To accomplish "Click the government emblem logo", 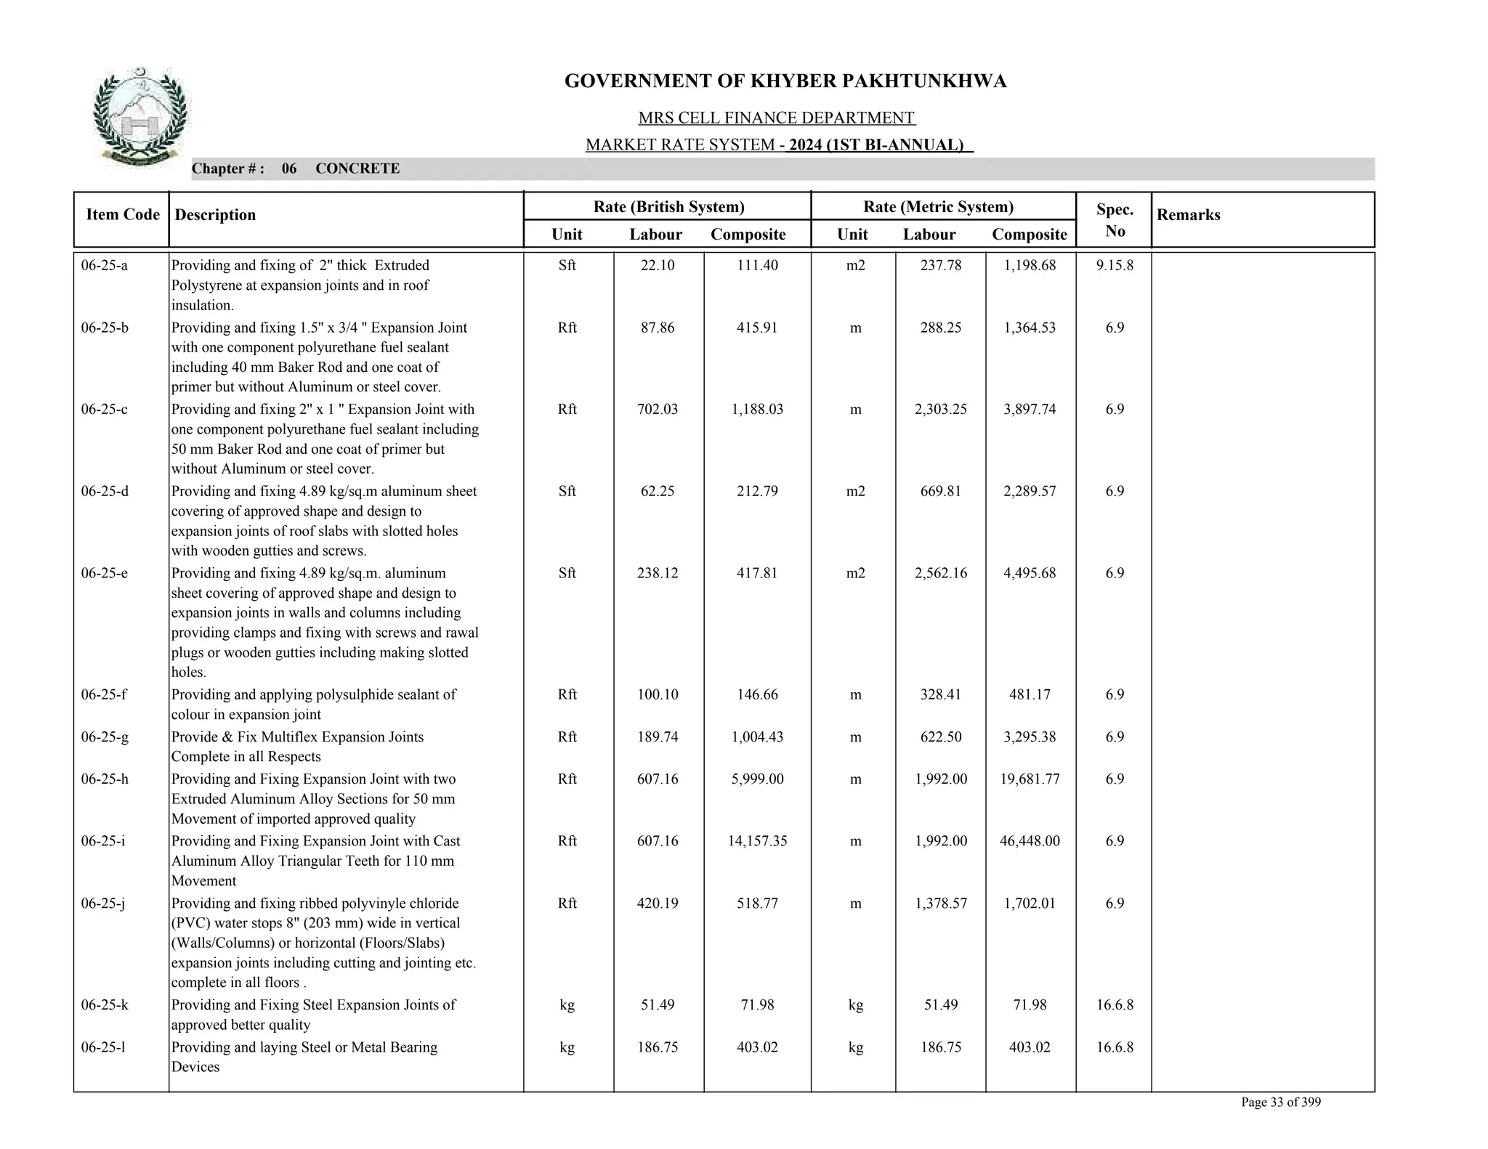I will pyautogui.click(x=139, y=117).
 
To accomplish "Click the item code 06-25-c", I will pyautogui.click(x=105, y=410).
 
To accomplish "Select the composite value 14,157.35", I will pyautogui.click(x=757, y=841).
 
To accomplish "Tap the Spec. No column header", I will pyautogui.click(x=1114, y=220).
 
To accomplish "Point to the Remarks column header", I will pyautogui.click(x=1188, y=215).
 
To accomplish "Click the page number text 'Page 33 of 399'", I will pyautogui.click(x=1280, y=1103).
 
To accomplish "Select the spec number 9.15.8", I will pyautogui.click(x=1115, y=266).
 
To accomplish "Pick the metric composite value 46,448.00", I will pyautogui.click(x=1030, y=841).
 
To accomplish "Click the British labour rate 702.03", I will pyautogui.click(x=658, y=410).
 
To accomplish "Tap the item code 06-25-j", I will pyautogui.click(x=103, y=904).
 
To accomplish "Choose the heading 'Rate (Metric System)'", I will pyautogui.click(x=938, y=207).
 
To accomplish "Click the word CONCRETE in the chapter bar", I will pyautogui.click(x=357, y=169).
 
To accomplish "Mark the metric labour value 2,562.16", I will pyautogui.click(x=940, y=573).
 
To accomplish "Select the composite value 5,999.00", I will pyautogui.click(x=757, y=779).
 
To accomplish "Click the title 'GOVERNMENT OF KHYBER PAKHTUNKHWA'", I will pyautogui.click(x=785, y=81).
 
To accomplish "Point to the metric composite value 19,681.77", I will pyautogui.click(x=1030, y=779).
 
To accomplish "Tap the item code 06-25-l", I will pyautogui.click(x=103, y=1047).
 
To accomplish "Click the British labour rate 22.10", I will pyautogui.click(x=658, y=266).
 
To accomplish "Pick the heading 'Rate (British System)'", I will pyautogui.click(x=668, y=207).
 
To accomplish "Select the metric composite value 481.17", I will pyautogui.click(x=1030, y=694).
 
